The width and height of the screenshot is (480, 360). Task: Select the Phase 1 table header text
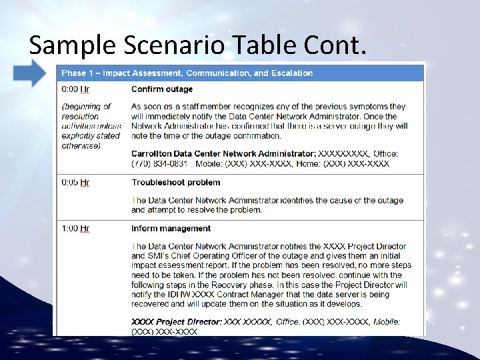pos(187,73)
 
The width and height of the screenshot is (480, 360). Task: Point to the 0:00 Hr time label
pos(75,89)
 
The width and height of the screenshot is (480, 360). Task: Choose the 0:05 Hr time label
pos(75,182)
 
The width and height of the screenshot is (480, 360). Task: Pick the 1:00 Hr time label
pos(75,229)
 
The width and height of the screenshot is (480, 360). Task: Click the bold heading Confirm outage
pos(162,89)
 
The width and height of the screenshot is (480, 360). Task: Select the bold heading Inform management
pos(170,229)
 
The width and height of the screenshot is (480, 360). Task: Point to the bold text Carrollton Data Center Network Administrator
pos(223,154)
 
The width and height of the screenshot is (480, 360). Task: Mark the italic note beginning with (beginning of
pos(90,126)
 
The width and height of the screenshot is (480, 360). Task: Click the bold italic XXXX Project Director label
pos(167,322)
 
